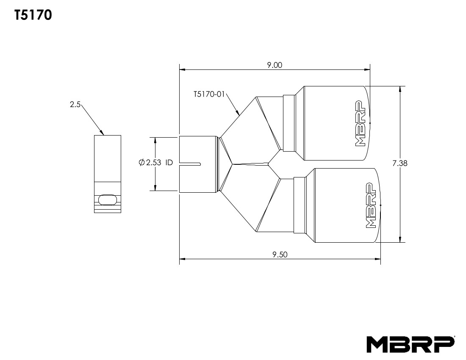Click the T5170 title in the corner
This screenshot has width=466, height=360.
click(x=33, y=16)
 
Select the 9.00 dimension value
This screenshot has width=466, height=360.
click(x=275, y=65)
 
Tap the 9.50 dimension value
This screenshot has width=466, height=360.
click(x=280, y=254)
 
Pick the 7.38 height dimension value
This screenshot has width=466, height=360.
click(x=399, y=163)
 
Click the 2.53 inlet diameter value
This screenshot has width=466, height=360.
click(x=154, y=163)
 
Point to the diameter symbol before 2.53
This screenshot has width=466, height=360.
click(x=142, y=163)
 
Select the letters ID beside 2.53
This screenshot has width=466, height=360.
click(x=169, y=163)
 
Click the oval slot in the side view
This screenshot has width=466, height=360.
click(x=107, y=199)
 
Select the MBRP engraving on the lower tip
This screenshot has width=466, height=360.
click(x=371, y=205)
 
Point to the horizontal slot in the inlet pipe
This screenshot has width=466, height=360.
click(x=191, y=163)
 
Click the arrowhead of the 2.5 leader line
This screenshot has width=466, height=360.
click(x=102, y=133)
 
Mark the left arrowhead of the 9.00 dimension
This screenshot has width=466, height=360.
click(x=182, y=70)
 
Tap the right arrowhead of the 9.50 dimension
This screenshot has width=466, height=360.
click(x=378, y=258)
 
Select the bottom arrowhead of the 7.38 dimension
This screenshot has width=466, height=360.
click(x=400, y=241)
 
